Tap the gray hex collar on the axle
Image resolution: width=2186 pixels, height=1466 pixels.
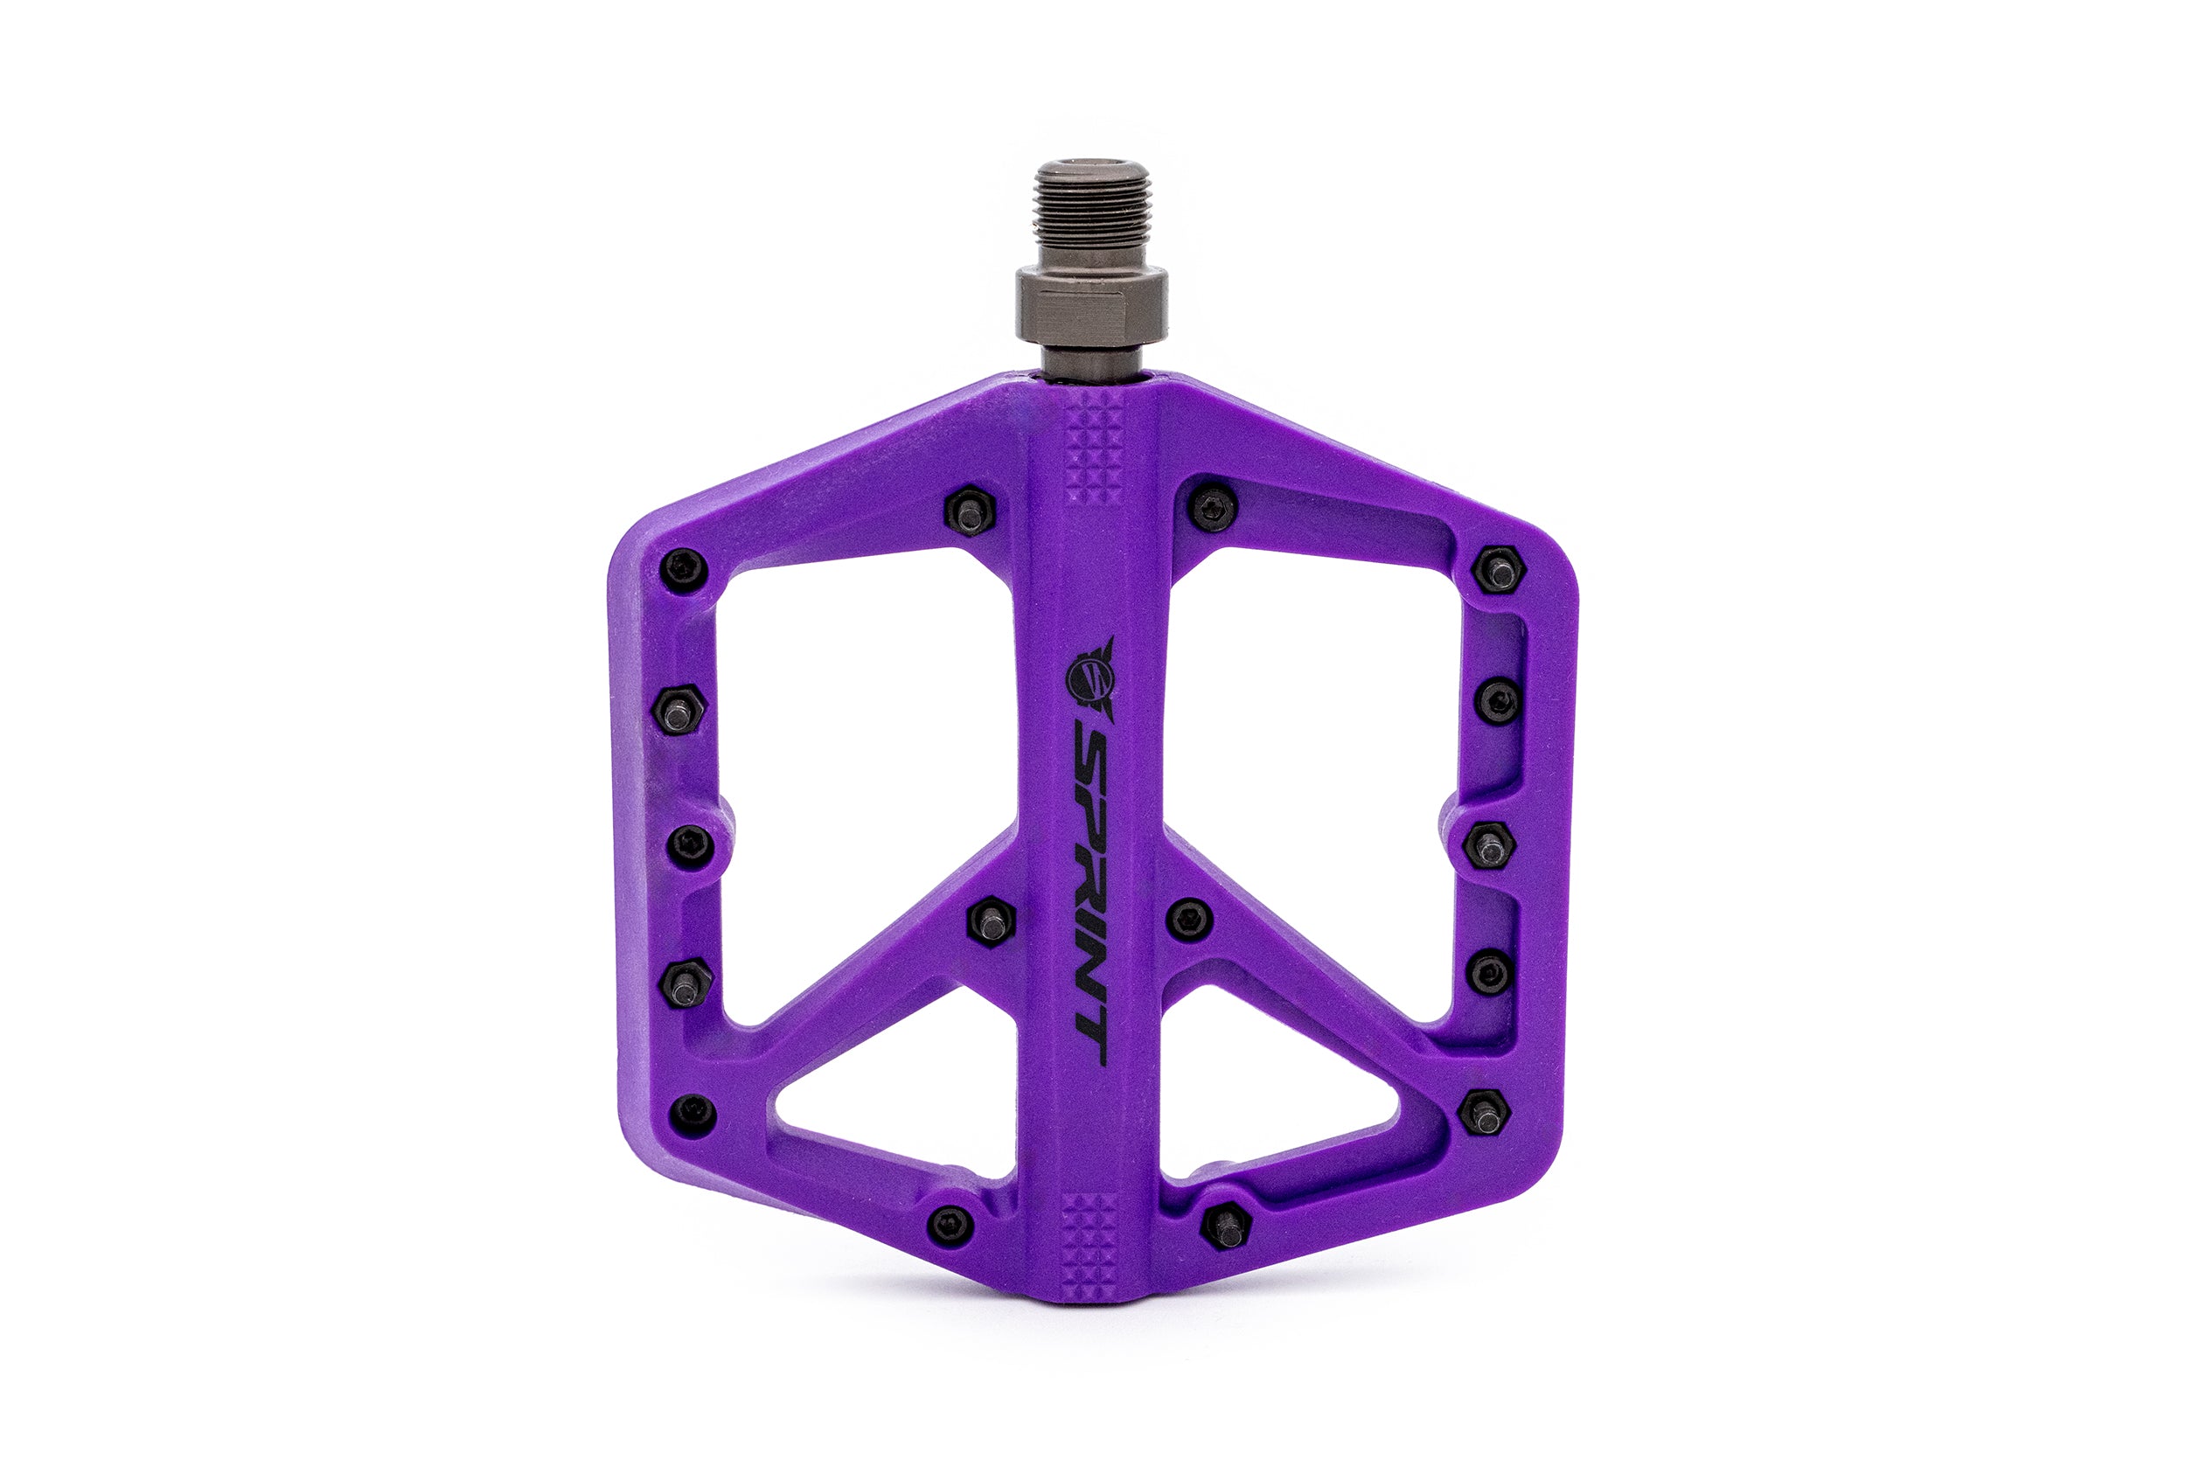click(1091, 303)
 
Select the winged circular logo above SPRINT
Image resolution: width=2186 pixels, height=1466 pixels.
click(1090, 670)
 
